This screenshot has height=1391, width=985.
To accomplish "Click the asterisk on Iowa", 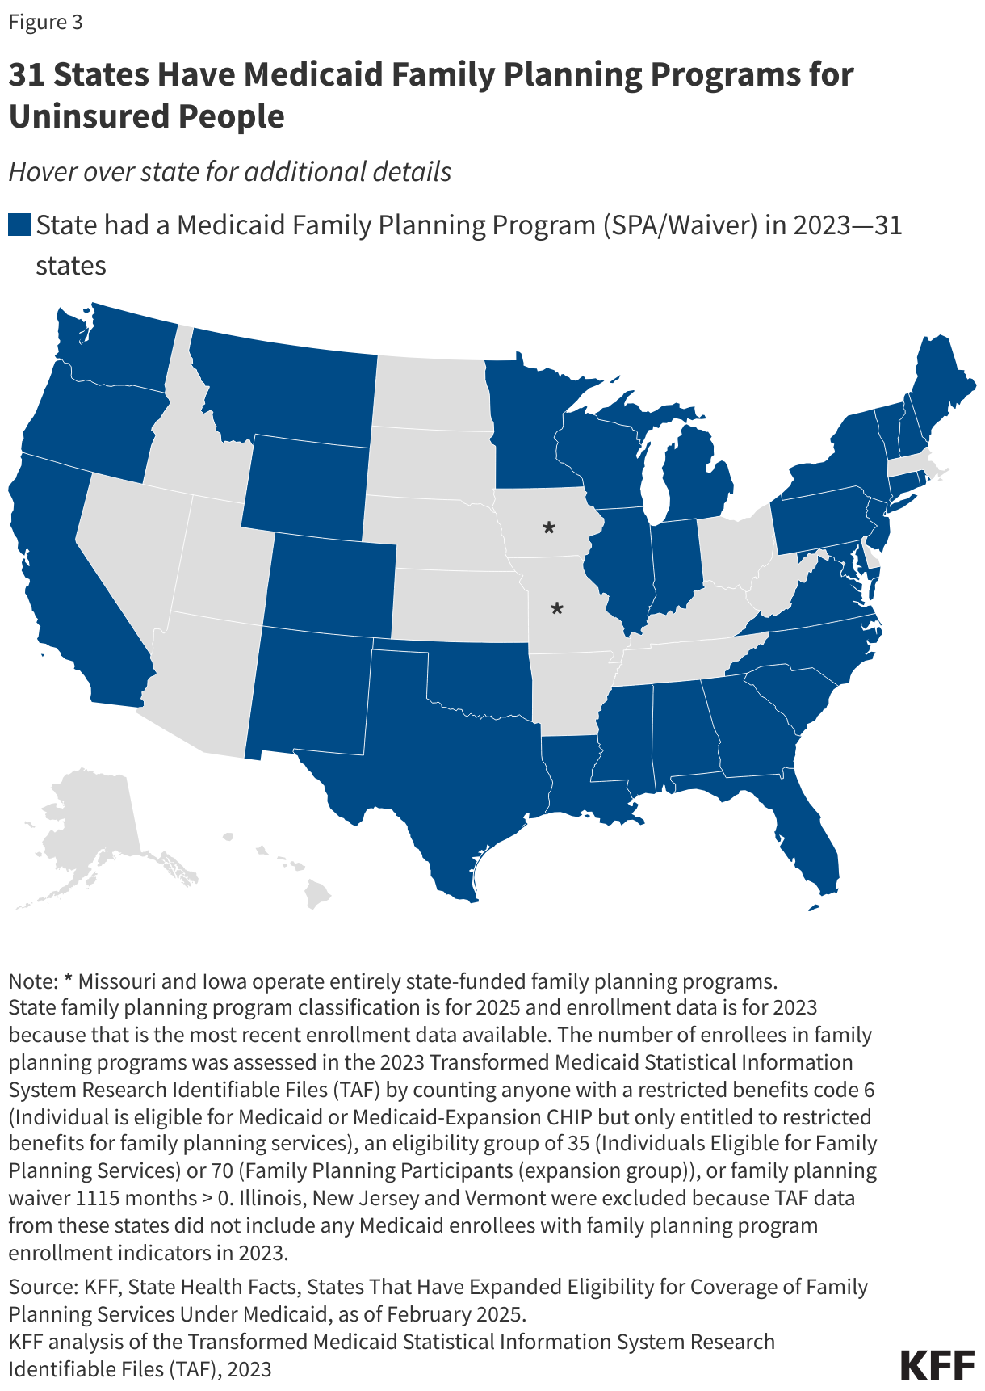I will (x=549, y=528).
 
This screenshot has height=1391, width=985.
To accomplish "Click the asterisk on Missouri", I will (x=556, y=608).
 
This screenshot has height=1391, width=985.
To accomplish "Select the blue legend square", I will (x=19, y=225).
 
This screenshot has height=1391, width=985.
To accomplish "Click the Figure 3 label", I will (x=46, y=22).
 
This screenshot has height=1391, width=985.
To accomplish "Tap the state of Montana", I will (x=283, y=388).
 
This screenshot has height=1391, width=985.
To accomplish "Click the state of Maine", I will (x=937, y=388).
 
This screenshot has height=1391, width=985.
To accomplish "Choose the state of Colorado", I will (x=331, y=582).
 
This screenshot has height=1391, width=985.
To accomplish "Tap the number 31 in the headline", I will (x=27, y=74).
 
